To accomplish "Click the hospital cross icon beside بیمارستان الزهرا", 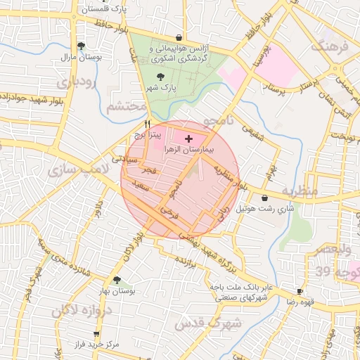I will click(x=188, y=139).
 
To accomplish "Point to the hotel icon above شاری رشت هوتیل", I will click(x=264, y=198).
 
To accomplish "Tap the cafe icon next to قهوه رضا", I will click(x=300, y=291).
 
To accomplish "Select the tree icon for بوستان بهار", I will click(x=117, y=280).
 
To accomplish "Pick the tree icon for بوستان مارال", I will click(x=82, y=46).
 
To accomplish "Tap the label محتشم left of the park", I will click(x=127, y=107).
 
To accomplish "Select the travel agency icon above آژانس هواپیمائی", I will click(x=179, y=38).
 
